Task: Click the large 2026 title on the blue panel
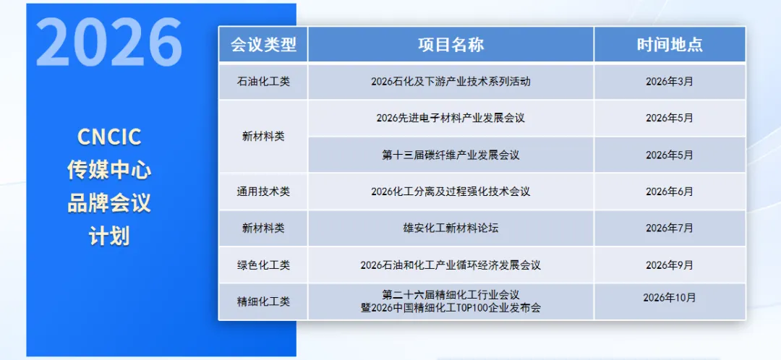pos(108,42)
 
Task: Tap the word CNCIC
pos(109,137)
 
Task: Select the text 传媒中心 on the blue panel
pos(109,170)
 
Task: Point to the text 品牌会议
pos(109,203)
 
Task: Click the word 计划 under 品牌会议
pos(109,236)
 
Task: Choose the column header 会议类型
pos(263,45)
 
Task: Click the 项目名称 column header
pos(451,45)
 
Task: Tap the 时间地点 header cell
pos(670,45)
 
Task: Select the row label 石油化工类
pos(263,82)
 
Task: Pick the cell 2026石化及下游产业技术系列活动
pos(451,82)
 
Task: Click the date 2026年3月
pos(670,82)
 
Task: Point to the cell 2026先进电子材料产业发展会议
pos(451,118)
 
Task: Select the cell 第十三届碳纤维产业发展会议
pos(451,155)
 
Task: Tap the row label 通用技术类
pos(263,192)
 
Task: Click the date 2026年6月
pos(670,192)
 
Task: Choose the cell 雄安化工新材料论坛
pos(451,228)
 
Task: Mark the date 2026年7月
pos(670,228)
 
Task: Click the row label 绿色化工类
pos(263,265)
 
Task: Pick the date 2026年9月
pos(670,265)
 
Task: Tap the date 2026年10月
pos(670,297)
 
